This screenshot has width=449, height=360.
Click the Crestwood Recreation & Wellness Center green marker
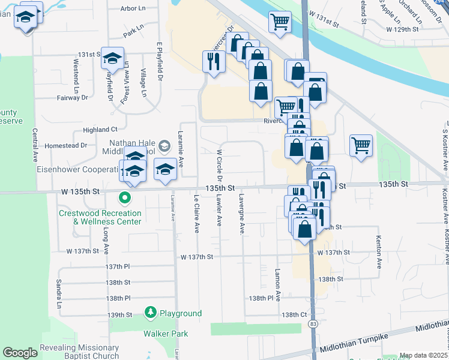point(125,197)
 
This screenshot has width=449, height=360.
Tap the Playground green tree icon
point(151,313)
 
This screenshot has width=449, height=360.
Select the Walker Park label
point(165,334)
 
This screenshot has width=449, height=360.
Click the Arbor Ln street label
point(133,8)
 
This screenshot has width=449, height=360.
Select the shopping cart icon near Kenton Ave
point(361,145)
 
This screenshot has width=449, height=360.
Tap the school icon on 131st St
point(112,59)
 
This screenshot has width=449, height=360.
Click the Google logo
point(19,353)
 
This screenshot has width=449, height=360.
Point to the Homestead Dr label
point(66,145)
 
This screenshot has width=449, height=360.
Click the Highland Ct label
point(100,130)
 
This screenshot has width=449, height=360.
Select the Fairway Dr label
point(73,97)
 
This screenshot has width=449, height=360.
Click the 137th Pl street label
point(118,266)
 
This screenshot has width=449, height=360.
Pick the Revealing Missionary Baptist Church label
point(79,352)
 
